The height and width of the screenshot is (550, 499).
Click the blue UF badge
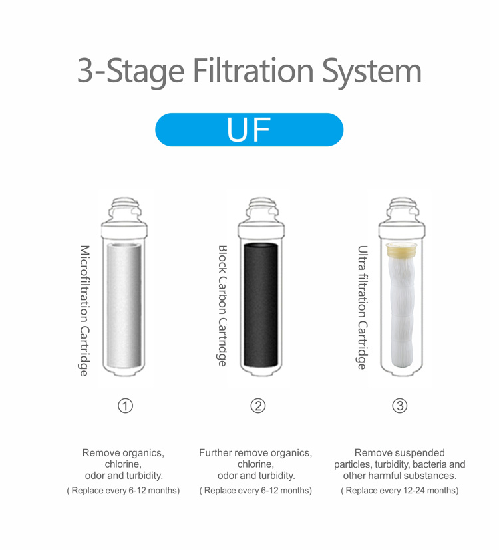coord(249,130)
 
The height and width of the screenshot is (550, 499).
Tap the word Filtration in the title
coord(253,70)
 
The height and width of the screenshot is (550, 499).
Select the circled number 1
coord(125,406)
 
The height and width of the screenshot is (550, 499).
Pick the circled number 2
coord(258,406)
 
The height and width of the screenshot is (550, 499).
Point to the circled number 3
coord(399,406)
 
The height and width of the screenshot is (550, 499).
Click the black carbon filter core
coord(261,305)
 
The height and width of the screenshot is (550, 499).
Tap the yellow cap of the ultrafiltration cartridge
coord(401,249)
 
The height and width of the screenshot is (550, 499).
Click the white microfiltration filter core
coord(124,305)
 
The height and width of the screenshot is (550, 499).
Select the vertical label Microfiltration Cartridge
coord(84,311)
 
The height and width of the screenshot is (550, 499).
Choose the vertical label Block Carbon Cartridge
coord(222,306)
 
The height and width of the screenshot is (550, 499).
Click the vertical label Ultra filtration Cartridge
coord(363,307)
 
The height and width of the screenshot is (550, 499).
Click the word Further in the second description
coord(215,452)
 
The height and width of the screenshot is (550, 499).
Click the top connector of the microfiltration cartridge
coord(124,210)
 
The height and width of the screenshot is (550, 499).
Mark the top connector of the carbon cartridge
coord(261,210)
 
